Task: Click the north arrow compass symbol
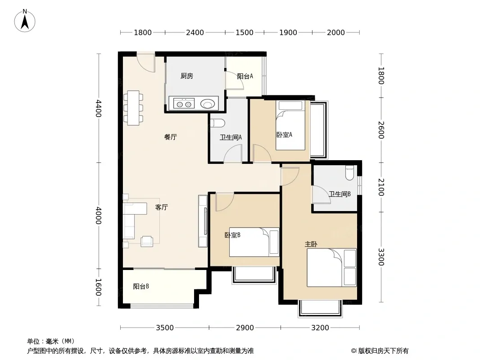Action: (x=25, y=21)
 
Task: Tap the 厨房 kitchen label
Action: (x=187, y=76)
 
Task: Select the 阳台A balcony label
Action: (x=245, y=76)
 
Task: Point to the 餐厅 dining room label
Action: (x=171, y=137)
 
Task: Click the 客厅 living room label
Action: (x=161, y=207)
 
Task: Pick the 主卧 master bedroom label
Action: (x=311, y=244)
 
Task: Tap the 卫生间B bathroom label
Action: (x=340, y=194)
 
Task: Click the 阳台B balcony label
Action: (x=141, y=286)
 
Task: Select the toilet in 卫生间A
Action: (x=218, y=123)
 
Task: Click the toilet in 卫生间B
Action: (x=349, y=173)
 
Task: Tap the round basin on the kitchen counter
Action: (x=208, y=104)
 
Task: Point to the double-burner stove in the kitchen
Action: (x=184, y=103)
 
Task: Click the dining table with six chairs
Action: (x=133, y=108)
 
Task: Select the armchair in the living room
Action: (x=147, y=241)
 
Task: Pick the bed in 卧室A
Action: (x=290, y=126)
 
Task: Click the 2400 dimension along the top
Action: (x=195, y=32)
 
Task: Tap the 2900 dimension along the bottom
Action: (x=245, y=328)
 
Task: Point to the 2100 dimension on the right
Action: (x=381, y=187)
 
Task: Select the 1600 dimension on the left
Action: (x=98, y=287)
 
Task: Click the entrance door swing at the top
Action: (x=146, y=63)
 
